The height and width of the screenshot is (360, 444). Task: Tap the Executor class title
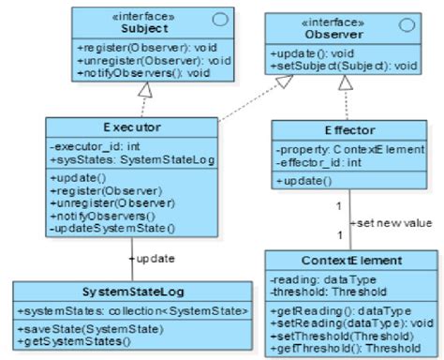click(x=133, y=127)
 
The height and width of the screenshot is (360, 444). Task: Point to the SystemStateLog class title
click(x=132, y=291)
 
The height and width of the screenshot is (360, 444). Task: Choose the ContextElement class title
click(x=350, y=260)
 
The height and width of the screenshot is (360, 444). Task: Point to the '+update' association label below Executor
click(x=155, y=257)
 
